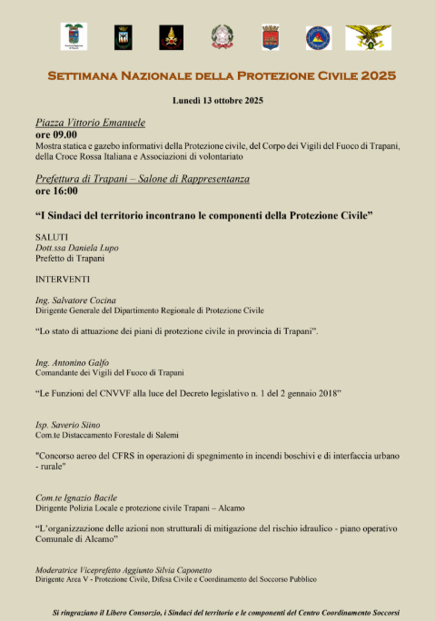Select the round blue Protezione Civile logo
point(317,37)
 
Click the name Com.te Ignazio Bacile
point(76,498)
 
